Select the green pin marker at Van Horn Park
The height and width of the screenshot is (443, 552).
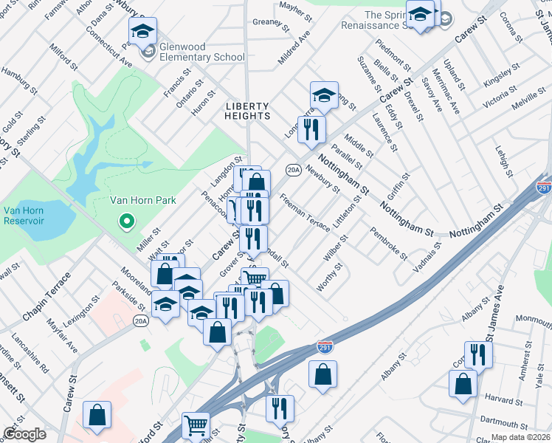coord(126,220)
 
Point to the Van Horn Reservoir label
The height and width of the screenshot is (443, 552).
coord(24,216)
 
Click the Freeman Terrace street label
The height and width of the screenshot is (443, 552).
coord(305,213)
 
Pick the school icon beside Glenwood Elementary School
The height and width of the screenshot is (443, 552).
coord(142,31)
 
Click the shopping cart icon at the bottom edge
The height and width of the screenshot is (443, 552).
coord(196,425)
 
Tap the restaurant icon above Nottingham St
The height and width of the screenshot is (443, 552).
coord(311,128)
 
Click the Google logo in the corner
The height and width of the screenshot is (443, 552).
coord(25,434)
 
